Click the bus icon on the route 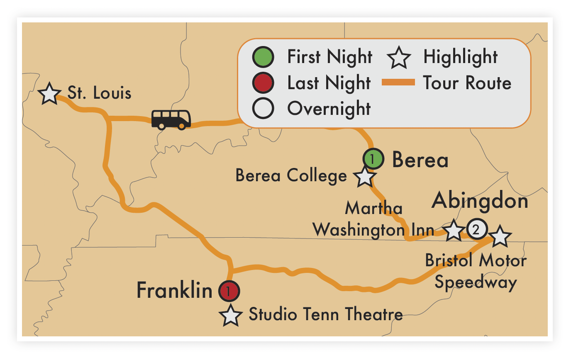coord(171,119)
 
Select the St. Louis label coord(99,93)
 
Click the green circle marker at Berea coord(373,158)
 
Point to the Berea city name coord(420,160)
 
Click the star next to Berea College coord(364,177)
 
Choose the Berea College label coord(291,176)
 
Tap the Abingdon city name coord(480,202)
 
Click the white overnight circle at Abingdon coord(476,229)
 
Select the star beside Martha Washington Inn coord(454,231)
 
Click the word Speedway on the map coord(476,282)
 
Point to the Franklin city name coord(174,290)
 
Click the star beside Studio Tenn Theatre coord(231,316)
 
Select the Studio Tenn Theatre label coord(326,314)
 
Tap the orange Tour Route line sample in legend coord(398,83)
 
